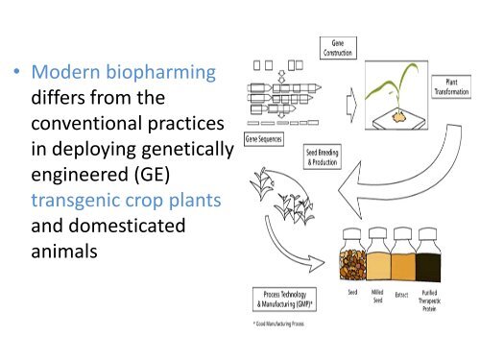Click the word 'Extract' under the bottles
402,294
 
